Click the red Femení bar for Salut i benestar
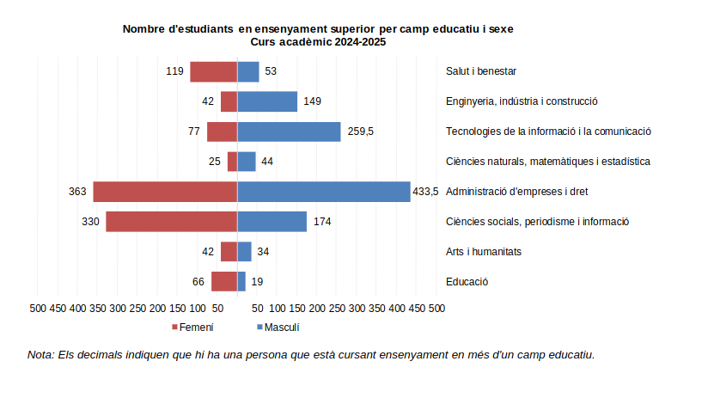tap(213, 71)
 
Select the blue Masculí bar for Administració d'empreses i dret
tap(323, 192)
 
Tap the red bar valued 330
tap(171, 222)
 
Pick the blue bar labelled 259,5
tap(289, 132)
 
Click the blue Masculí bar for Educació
tap(241, 281)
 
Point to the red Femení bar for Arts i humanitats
tap(229, 252)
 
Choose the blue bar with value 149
tap(267, 101)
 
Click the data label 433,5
tap(425, 192)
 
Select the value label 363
tap(77, 192)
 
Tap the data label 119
tap(175, 71)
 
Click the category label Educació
tap(467, 282)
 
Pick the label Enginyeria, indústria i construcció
tap(522, 101)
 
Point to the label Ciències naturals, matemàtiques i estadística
tap(547, 162)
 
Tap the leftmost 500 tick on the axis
tap(38, 308)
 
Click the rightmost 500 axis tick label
tap(436, 308)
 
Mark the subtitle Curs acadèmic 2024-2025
tap(318, 41)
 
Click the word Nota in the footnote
tap(40, 354)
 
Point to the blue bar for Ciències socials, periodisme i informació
tap(272, 222)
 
